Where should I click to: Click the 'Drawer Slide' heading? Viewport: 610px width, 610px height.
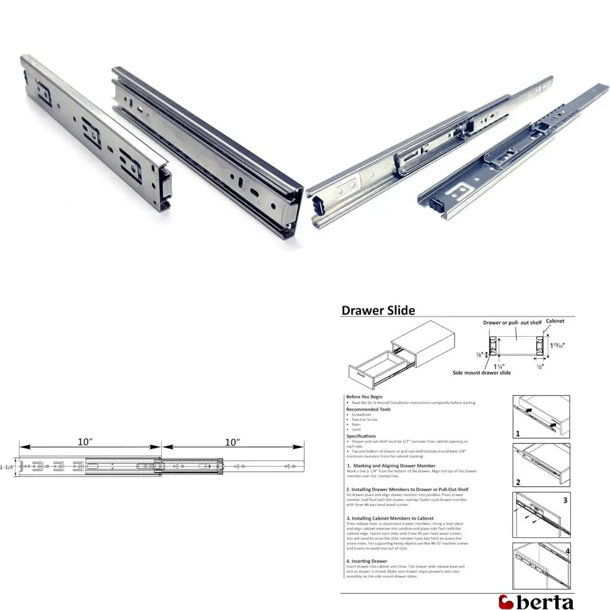click(x=378, y=310)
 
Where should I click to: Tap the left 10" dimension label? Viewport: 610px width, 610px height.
click(x=85, y=441)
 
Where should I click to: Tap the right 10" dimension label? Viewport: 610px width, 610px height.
click(x=232, y=441)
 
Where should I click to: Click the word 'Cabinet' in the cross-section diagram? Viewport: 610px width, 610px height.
click(x=554, y=320)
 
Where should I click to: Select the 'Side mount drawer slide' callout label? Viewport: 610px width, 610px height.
click(x=482, y=372)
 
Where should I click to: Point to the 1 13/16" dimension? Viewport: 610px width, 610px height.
click(x=557, y=345)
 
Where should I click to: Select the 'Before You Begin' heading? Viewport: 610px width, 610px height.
click(x=364, y=396)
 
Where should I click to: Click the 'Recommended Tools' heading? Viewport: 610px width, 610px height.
click(x=368, y=409)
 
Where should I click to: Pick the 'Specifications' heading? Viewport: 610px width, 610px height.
click(x=362, y=436)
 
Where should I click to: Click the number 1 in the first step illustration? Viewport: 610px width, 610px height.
click(x=517, y=434)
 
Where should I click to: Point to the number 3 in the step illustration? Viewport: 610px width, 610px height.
click(x=565, y=500)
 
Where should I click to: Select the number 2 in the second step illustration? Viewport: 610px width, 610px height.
click(x=517, y=482)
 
